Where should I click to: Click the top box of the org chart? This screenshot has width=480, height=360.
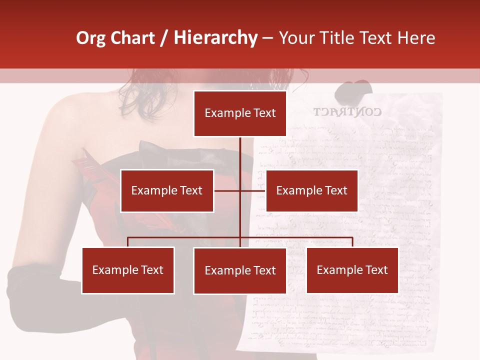tap(240, 113)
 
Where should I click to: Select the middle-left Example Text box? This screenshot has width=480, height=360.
tap(167, 190)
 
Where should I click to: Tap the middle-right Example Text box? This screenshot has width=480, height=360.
tap(311, 190)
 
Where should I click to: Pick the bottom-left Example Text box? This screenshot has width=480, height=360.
tap(128, 270)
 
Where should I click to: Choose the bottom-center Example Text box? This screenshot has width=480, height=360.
tap(240, 270)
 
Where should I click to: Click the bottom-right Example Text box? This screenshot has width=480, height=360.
tap(352, 270)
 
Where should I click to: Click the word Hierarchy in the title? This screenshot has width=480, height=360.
tap(215, 38)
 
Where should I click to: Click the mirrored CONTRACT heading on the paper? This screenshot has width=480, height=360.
tap(347, 112)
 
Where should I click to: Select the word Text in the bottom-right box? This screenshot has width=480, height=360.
tap(376, 270)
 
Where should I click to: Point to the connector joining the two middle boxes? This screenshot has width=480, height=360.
tap(240, 190)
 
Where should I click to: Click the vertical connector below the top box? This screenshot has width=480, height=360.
tap(240, 152)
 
